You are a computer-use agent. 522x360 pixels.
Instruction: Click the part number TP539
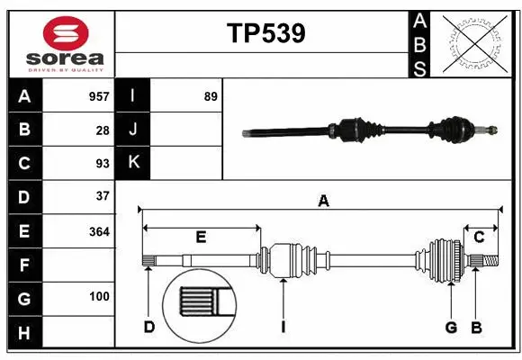click(x=265, y=33)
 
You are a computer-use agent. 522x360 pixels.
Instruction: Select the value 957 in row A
click(x=99, y=96)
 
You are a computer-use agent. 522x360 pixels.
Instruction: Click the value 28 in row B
click(x=103, y=130)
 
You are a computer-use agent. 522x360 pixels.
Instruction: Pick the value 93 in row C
click(x=103, y=163)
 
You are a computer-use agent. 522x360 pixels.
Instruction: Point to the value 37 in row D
click(x=103, y=196)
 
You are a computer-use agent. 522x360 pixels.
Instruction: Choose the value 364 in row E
click(x=99, y=231)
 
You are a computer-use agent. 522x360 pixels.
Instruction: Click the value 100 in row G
click(x=99, y=296)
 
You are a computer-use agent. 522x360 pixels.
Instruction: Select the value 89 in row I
click(x=211, y=96)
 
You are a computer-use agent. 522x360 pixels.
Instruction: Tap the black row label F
click(x=24, y=265)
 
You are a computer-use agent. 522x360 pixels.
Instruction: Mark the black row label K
click(x=133, y=163)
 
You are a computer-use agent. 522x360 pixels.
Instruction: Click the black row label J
click(x=133, y=130)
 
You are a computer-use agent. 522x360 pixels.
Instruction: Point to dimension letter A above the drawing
click(x=322, y=202)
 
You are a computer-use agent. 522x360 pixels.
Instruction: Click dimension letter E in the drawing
click(x=201, y=238)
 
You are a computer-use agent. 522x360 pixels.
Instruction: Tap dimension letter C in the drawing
click(x=479, y=237)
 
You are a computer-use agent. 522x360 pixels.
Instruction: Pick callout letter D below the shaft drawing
click(x=149, y=327)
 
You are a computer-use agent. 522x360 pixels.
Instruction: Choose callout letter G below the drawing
click(x=451, y=327)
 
